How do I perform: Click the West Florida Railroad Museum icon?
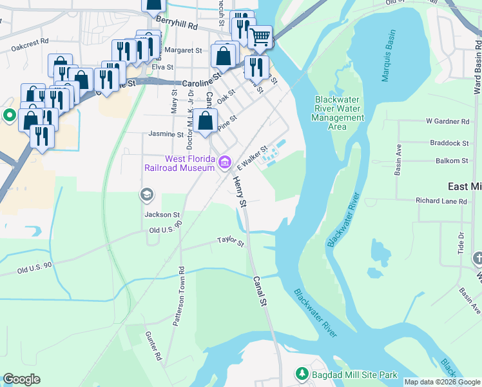click(224, 162)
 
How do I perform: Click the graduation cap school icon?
click(147, 194)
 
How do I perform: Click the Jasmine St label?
click(166, 134)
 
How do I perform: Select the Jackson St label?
click(162, 214)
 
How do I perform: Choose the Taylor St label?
click(231, 242)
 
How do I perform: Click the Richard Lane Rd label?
click(441, 201)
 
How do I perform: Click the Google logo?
click(21, 379)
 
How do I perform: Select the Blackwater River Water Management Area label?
click(340, 113)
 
